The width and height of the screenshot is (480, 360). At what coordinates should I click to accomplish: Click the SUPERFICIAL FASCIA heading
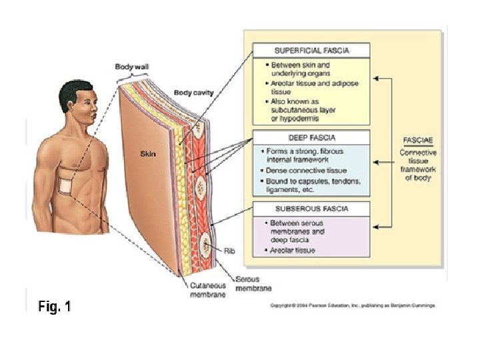(311, 51)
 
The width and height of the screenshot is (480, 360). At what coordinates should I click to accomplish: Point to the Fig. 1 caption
(51, 307)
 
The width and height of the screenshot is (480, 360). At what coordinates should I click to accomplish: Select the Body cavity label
(193, 93)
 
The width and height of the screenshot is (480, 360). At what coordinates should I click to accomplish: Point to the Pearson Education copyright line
(352, 305)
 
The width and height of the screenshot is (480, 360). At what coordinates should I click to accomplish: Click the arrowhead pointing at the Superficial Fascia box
(375, 78)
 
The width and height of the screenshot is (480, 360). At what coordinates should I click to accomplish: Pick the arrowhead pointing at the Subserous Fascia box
(375, 227)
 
